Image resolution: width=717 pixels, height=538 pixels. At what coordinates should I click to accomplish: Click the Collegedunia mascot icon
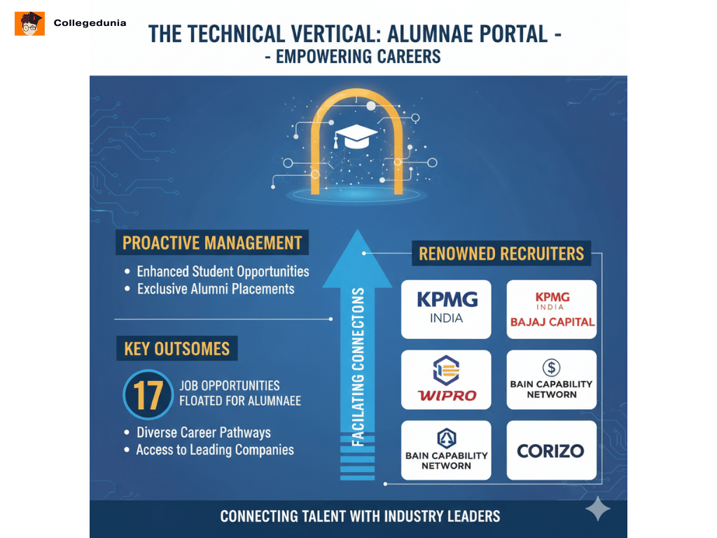click(x=29, y=23)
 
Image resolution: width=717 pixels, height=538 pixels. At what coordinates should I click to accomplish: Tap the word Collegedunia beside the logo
click(x=90, y=23)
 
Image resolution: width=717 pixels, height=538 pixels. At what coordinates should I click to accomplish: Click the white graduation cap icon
click(x=356, y=135)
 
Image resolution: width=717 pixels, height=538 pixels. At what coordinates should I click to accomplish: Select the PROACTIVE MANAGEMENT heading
click(x=212, y=243)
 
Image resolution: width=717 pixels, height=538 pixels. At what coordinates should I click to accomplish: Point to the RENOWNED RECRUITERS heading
click(x=501, y=253)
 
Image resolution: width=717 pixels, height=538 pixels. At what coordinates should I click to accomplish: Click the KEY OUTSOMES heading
click(x=176, y=348)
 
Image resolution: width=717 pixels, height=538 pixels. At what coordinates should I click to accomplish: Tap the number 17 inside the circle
click(x=148, y=394)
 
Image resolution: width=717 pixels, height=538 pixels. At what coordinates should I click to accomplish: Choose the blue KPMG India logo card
click(x=447, y=309)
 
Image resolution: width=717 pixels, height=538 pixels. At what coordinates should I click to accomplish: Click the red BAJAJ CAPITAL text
click(x=552, y=322)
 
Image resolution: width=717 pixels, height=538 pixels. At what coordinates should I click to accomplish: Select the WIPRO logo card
click(x=447, y=380)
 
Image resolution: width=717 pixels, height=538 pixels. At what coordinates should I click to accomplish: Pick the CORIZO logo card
click(x=551, y=450)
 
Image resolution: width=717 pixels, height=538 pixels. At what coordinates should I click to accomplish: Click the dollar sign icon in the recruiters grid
click(x=551, y=367)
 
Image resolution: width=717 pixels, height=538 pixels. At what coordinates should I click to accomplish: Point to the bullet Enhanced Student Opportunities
click(x=223, y=271)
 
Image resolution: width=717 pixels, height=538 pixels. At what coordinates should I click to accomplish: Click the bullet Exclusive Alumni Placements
click(x=216, y=289)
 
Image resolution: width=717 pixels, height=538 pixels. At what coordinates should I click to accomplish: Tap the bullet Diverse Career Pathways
click(x=203, y=432)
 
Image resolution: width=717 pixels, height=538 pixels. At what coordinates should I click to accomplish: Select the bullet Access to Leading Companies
click(x=215, y=450)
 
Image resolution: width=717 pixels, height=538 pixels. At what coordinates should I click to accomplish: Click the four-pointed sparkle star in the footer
click(x=597, y=509)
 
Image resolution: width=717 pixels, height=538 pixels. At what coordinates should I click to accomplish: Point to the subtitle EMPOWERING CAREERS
click(x=358, y=57)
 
